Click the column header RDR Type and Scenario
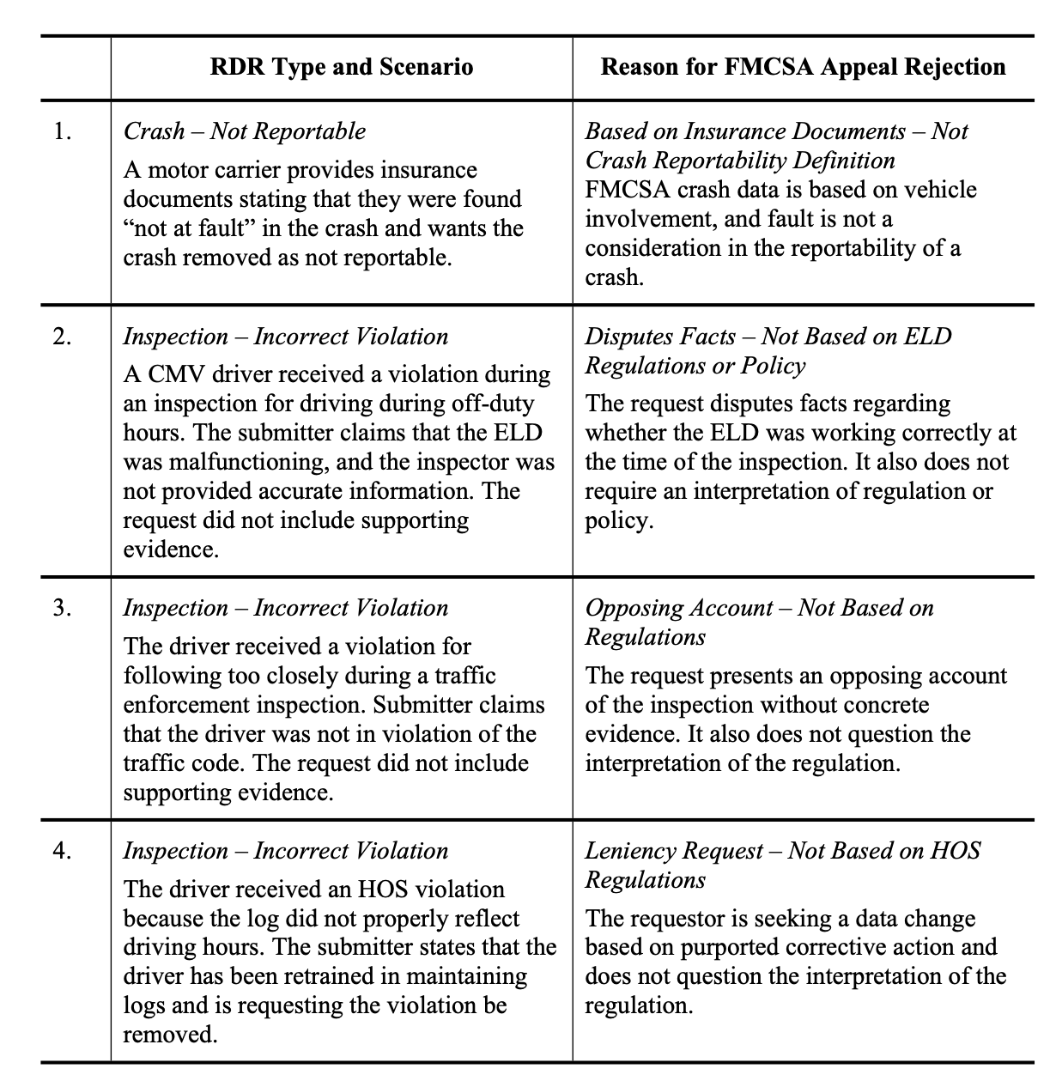click(x=341, y=67)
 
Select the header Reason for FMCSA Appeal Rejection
click(x=803, y=67)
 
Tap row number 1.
click(x=62, y=131)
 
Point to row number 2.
click(x=62, y=337)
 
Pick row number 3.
click(x=62, y=608)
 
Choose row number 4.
click(x=62, y=851)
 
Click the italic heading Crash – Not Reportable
click(x=245, y=131)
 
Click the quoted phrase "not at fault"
click(x=190, y=228)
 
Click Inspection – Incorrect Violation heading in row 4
click(x=286, y=851)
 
